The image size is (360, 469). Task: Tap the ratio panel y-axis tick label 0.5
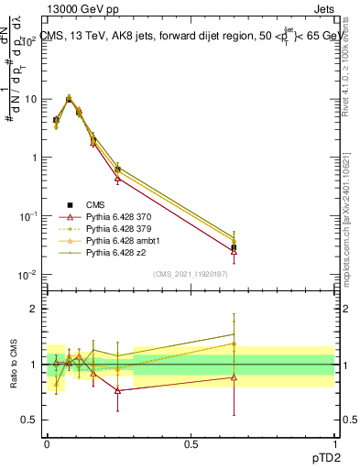[29, 420]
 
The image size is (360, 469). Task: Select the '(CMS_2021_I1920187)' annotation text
[191, 273]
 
